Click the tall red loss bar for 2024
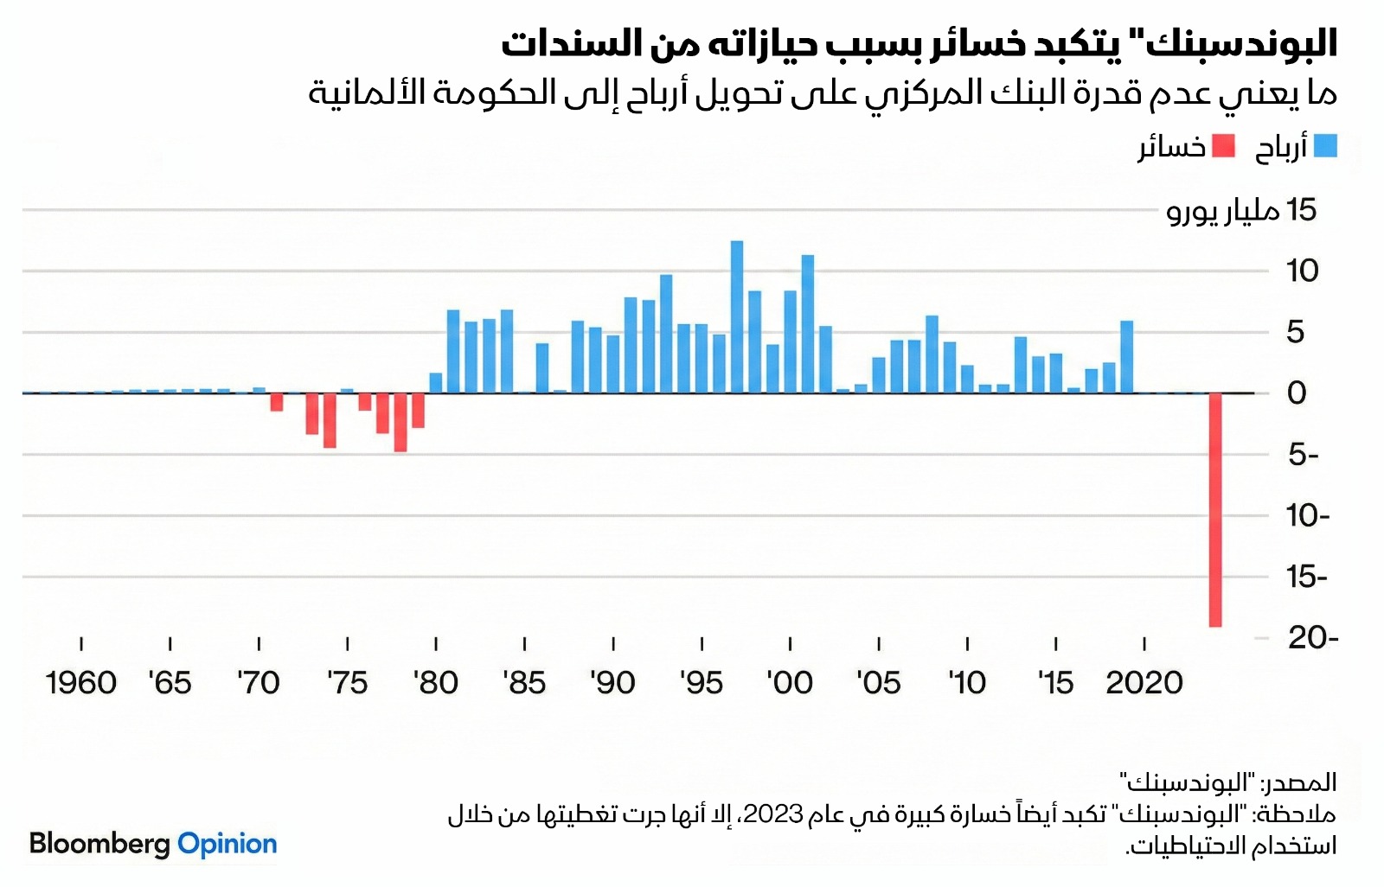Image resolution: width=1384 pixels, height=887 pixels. tap(1215, 510)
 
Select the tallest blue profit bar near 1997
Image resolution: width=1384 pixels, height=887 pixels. tap(737, 316)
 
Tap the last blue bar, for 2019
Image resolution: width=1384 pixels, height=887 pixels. tap(1126, 356)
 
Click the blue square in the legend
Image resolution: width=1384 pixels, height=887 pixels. tap(1325, 146)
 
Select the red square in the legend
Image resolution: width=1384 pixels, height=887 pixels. tap(1223, 146)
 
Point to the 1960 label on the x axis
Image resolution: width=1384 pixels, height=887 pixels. tap(81, 683)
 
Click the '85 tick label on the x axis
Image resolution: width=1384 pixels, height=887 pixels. tap(524, 683)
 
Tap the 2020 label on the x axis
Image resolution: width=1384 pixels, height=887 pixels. tap(1144, 683)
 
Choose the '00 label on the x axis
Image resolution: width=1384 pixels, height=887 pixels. tap(790, 683)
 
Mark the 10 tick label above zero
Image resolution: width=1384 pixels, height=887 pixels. tap(1302, 271)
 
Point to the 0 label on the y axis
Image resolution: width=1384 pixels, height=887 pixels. tap(1296, 393)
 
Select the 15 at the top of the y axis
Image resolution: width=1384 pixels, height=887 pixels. tap(1301, 210)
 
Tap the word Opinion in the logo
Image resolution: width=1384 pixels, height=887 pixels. tap(227, 844)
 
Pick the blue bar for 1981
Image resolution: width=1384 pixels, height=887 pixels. tap(453, 351)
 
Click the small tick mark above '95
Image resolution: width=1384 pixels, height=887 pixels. tap(702, 644)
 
